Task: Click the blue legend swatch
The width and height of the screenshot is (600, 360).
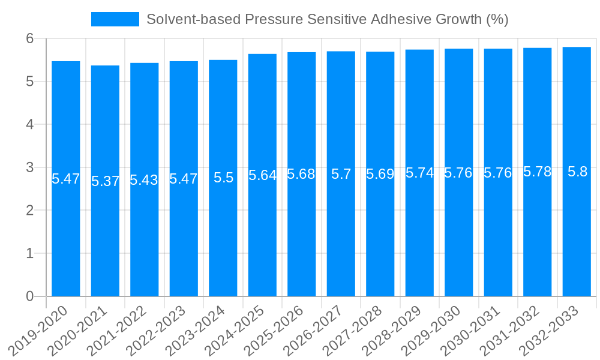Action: point(115,19)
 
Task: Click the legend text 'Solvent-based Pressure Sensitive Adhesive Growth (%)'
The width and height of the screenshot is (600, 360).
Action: point(328,19)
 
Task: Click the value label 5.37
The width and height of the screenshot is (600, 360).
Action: point(105,181)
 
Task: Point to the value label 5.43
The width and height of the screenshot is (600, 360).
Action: point(144,180)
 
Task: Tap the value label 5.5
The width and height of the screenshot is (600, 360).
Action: point(223,178)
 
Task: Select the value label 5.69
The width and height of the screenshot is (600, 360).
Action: point(380,175)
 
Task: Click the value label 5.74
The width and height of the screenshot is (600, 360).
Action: point(419,173)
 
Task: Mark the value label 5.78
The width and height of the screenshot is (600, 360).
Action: point(537,172)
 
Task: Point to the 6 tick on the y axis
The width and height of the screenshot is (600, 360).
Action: point(29,39)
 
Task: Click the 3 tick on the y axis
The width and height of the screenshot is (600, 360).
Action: point(29,167)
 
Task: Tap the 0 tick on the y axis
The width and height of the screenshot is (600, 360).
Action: point(29,296)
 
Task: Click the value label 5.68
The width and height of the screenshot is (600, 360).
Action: point(301,175)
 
